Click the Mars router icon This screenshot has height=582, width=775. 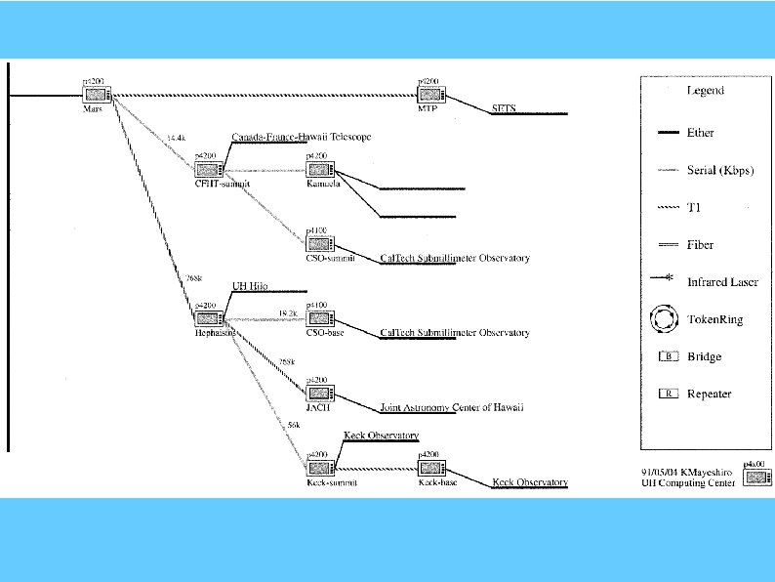98,95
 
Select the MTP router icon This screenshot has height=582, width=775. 431,95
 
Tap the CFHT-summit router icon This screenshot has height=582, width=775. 210,168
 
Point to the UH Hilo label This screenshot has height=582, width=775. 249,286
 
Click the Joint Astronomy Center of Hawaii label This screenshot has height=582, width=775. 451,407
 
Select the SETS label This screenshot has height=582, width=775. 504,108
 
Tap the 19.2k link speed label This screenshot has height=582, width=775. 287,312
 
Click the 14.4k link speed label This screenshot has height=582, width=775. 177,138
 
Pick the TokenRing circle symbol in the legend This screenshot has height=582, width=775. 669,319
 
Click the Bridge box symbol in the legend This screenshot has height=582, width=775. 669,356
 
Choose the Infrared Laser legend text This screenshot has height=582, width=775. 720,282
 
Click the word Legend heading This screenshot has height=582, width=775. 705,91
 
